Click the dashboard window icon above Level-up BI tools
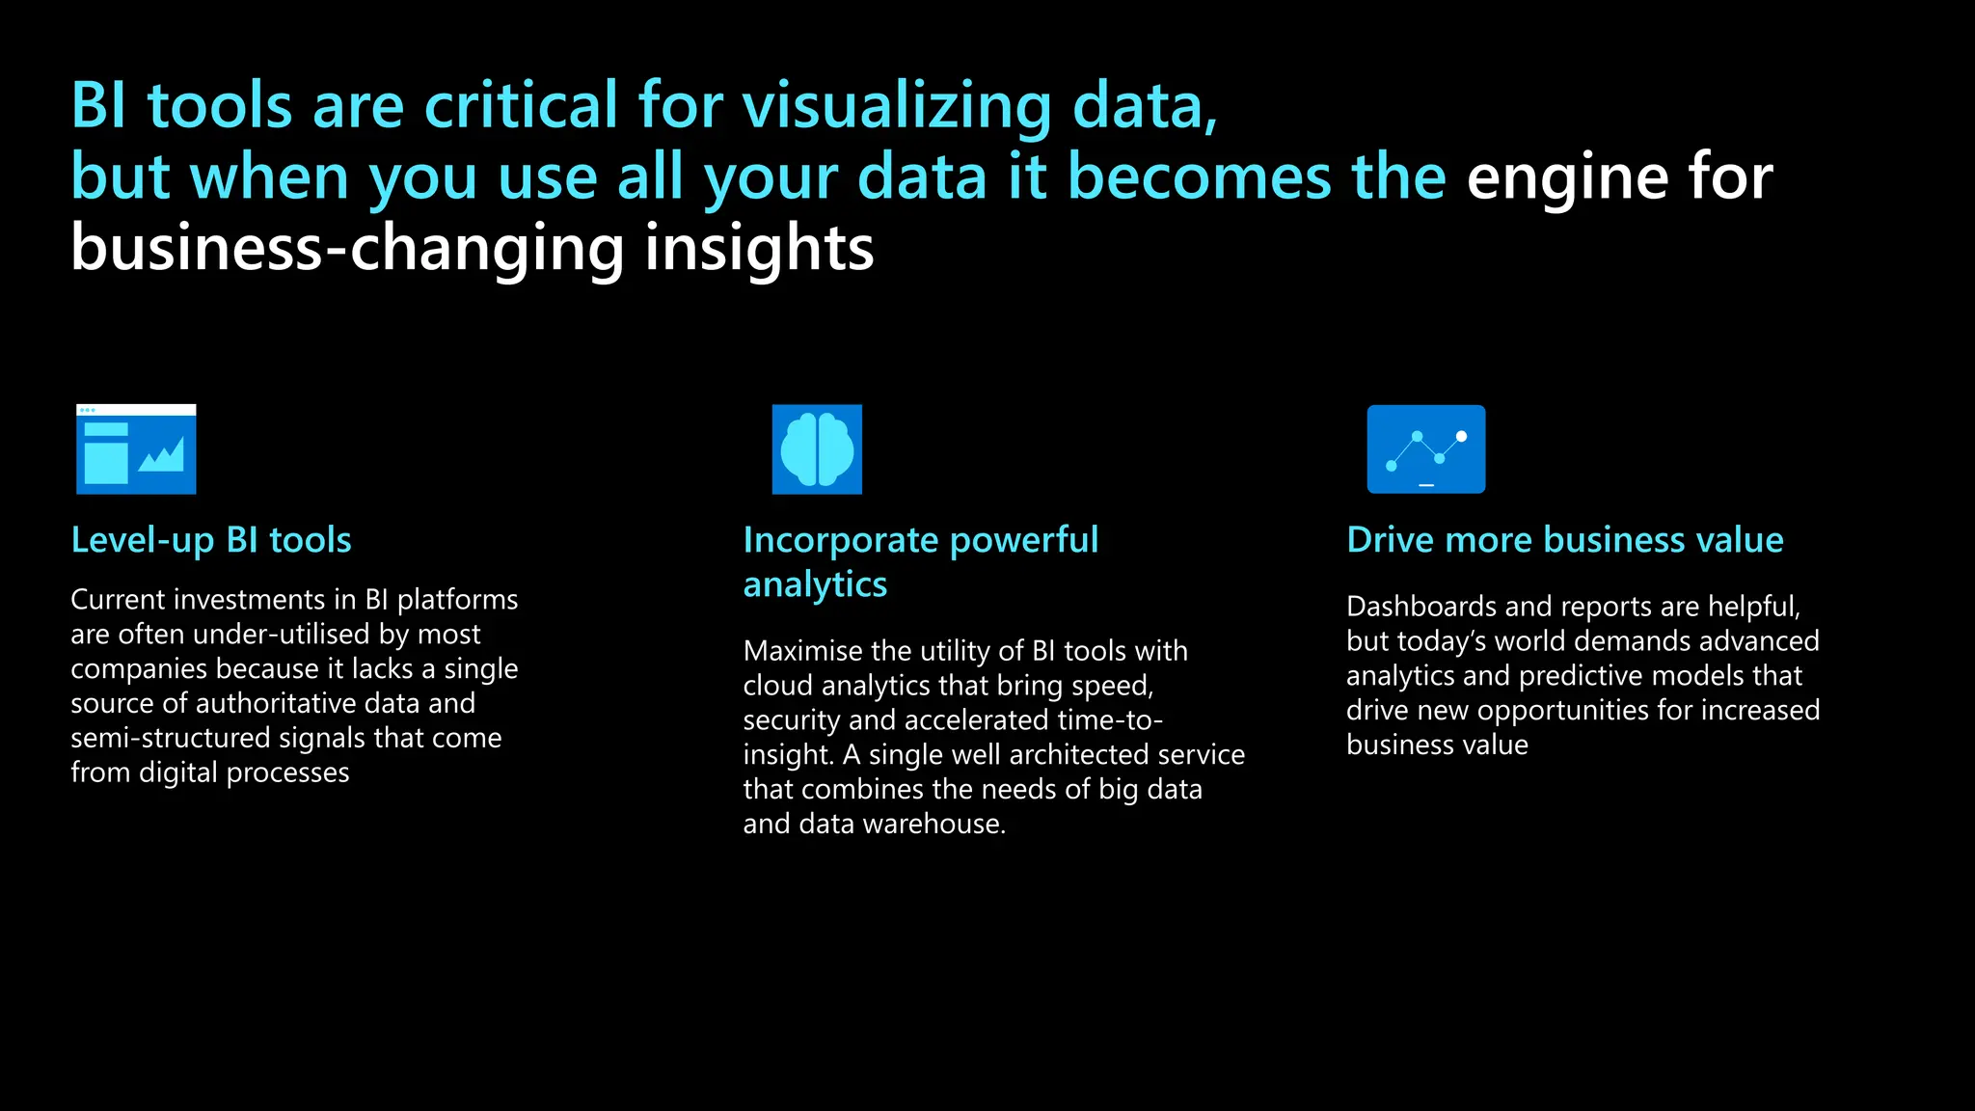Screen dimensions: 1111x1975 tap(136, 449)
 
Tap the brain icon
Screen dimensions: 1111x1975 tap(817, 449)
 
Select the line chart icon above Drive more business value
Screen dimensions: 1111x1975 tap(1425, 449)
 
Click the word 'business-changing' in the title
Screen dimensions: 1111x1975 tap(349, 249)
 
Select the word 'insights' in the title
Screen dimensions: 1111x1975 tap(759, 249)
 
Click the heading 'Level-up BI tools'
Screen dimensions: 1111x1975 tap(211, 540)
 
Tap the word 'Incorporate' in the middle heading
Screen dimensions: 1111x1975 tap(840, 540)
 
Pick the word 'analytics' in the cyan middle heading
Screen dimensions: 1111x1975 tap(815, 584)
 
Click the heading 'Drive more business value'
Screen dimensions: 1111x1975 tap(1564, 540)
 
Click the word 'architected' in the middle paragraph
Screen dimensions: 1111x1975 tap(1079, 755)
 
